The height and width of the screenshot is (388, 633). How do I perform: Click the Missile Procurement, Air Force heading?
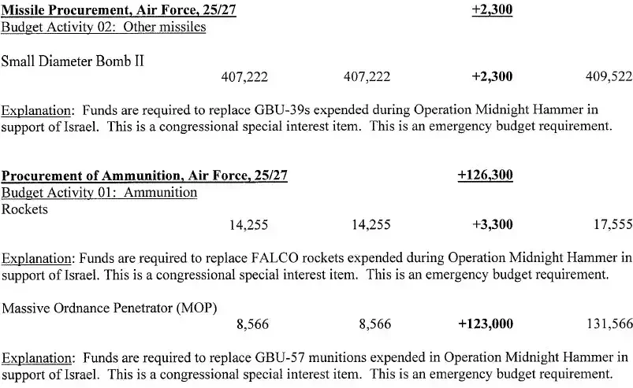(118, 12)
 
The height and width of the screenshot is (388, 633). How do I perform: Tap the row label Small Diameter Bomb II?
(73, 60)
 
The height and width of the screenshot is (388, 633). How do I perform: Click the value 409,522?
(609, 76)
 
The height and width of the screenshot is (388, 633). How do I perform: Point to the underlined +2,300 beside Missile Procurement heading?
(492, 12)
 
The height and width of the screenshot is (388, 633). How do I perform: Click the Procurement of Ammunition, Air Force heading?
(143, 176)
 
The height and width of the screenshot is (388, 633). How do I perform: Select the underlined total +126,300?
(486, 176)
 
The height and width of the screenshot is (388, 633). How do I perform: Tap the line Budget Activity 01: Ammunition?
(99, 193)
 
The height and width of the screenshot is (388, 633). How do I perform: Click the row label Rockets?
(25, 209)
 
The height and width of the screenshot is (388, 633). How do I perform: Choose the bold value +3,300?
(492, 224)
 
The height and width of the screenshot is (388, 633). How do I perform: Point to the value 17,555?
(612, 224)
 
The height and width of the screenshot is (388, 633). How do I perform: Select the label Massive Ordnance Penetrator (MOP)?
(110, 307)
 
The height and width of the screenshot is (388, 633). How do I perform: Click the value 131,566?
(609, 323)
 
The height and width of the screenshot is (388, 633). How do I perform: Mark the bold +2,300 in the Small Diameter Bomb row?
(492, 76)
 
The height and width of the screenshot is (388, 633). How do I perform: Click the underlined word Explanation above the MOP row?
(37, 258)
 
